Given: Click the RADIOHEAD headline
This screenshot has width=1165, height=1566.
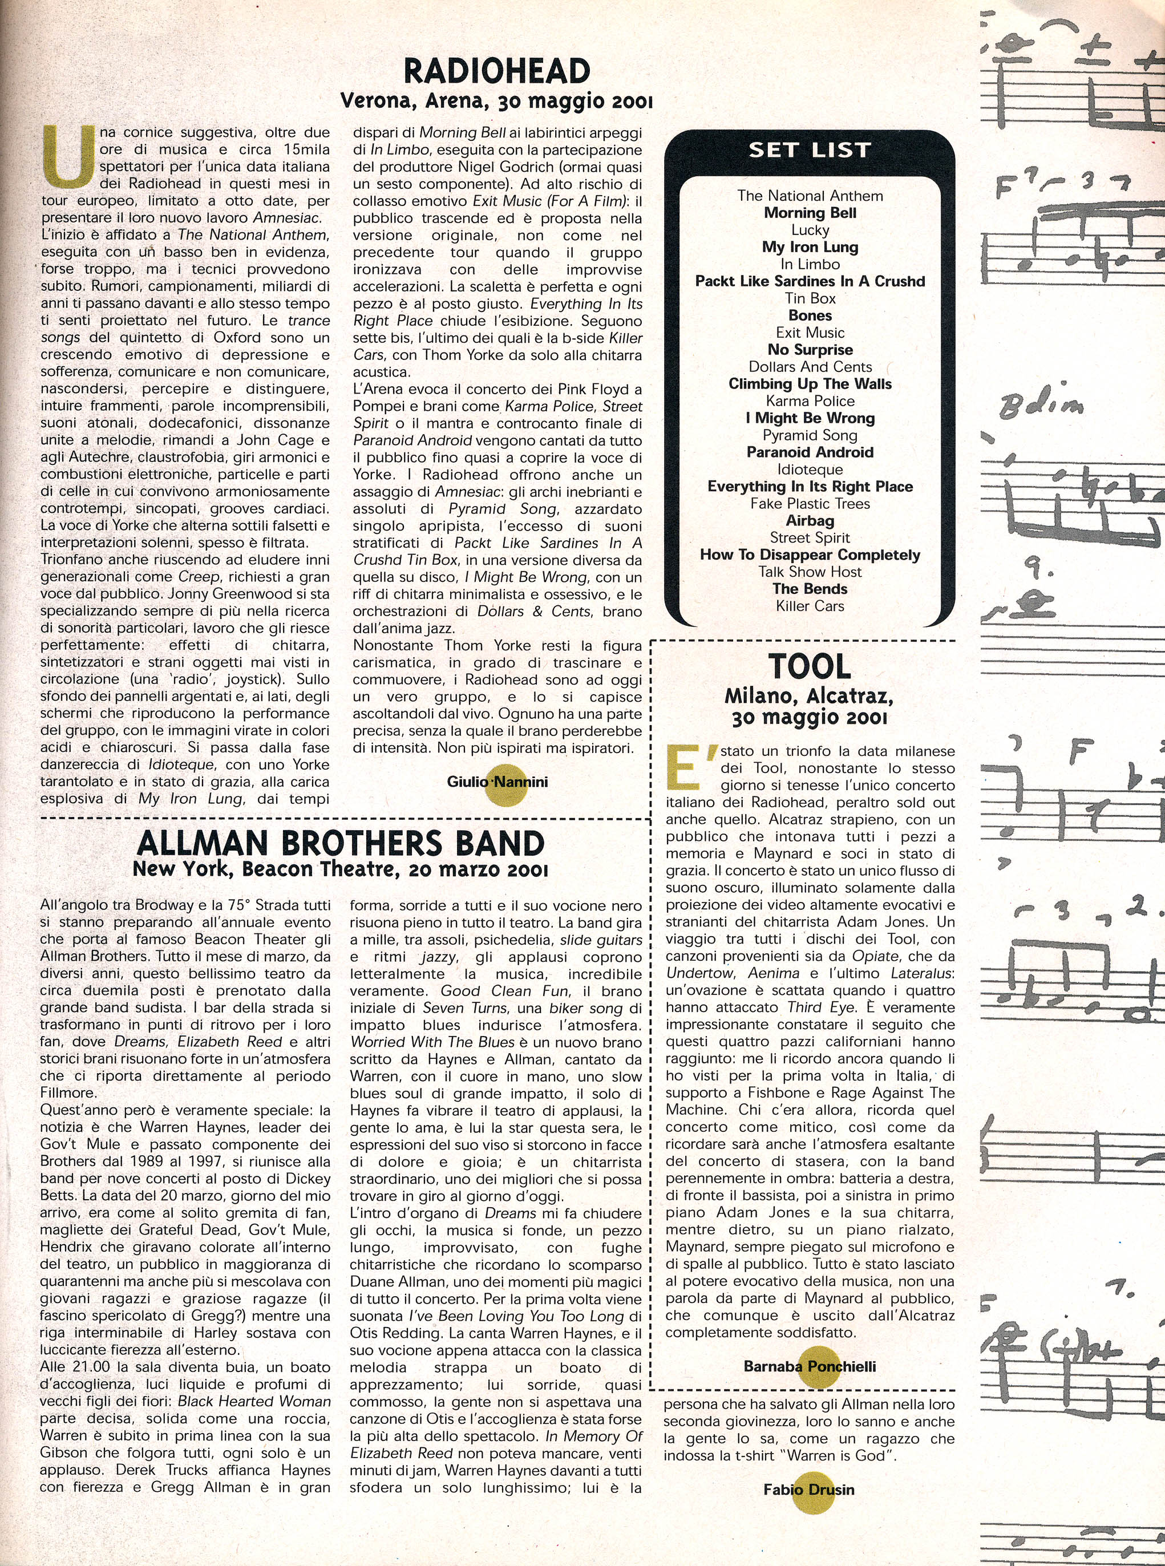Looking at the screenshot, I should click(x=496, y=72).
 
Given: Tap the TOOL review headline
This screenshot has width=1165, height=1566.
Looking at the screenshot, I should click(x=809, y=666).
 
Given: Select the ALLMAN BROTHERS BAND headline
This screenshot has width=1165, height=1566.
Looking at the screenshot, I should click(x=341, y=843).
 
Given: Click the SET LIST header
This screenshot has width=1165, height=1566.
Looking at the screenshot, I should click(x=810, y=150).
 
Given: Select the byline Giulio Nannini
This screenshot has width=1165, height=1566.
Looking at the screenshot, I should click(x=497, y=781).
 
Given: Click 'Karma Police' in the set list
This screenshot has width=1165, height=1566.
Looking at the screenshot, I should click(x=810, y=401).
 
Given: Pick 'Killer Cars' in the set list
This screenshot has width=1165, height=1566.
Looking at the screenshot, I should click(x=810, y=606).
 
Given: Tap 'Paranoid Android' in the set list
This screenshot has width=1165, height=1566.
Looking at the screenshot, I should click(x=810, y=452).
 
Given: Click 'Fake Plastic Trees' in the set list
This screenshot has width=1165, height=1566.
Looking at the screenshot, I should click(x=810, y=503).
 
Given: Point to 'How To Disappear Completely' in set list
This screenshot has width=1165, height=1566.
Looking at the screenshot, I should click(x=810, y=555).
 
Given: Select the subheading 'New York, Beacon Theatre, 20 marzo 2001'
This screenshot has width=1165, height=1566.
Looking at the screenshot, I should click(x=341, y=869).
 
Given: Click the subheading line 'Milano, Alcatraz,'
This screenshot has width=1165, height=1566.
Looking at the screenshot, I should click(x=809, y=697).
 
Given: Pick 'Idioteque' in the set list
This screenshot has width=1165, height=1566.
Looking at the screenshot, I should click(x=810, y=470).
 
